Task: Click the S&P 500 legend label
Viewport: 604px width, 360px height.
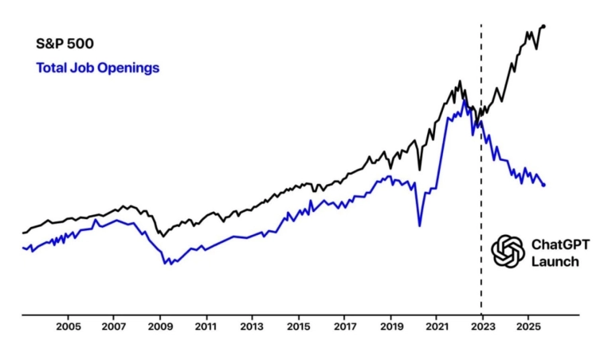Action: click(x=65, y=44)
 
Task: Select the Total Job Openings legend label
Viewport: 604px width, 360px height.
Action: click(x=97, y=68)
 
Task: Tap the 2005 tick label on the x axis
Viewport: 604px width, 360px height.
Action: click(x=69, y=327)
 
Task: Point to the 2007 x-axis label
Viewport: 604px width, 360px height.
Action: click(x=114, y=327)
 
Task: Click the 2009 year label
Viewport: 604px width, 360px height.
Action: click(x=160, y=327)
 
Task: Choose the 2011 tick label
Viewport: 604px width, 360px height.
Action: click(x=206, y=327)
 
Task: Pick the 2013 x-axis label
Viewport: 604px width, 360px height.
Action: click(x=252, y=327)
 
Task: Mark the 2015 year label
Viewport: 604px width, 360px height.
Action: click(x=298, y=327)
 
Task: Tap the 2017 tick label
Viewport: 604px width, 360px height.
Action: click(x=344, y=327)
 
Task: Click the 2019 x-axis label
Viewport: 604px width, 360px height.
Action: click(x=390, y=327)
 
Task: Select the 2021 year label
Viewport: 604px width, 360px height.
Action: click(x=437, y=327)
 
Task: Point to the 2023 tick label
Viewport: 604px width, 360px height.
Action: click(x=482, y=327)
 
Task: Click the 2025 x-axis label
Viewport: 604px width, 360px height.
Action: click(x=528, y=327)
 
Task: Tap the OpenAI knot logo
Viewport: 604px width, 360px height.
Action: click(x=508, y=252)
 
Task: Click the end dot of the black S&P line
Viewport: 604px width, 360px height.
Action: click(x=543, y=26)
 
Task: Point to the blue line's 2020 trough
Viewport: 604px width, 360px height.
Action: click(x=419, y=226)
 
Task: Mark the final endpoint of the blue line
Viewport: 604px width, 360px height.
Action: click(x=544, y=185)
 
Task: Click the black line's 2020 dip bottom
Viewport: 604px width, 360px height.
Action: click(x=419, y=169)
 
